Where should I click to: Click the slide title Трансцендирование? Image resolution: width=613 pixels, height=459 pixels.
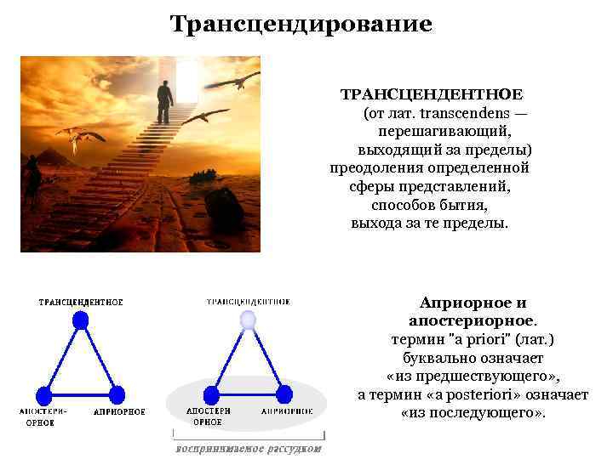301,23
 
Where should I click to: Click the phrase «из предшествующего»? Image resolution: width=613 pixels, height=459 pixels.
473,377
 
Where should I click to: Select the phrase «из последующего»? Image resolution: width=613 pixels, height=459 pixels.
473,414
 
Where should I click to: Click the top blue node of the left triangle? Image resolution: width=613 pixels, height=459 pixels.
80,320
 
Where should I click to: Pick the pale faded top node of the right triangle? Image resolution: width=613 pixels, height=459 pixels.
247,320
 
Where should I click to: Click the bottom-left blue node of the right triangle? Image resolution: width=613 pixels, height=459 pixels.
209,394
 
